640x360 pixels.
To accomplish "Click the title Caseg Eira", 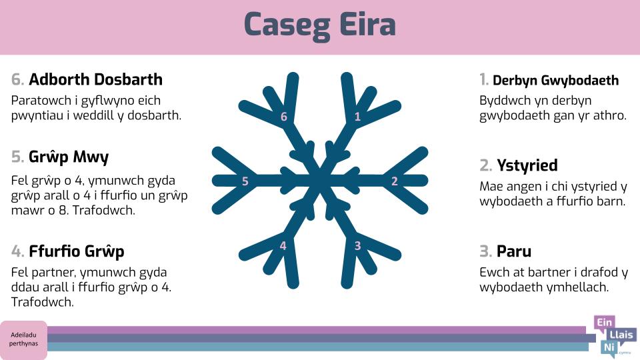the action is click(319, 25).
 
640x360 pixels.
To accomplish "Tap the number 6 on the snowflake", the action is click(284, 117).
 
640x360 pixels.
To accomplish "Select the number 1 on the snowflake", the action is click(357, 117).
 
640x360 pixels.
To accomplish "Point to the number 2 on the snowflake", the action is click(394, 181).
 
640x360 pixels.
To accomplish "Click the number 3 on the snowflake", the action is click(357, 246).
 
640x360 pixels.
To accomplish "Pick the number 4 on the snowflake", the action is click(283, 246).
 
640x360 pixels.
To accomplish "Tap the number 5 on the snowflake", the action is click(245, 181).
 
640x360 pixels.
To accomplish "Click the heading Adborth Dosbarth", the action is click(95, 79).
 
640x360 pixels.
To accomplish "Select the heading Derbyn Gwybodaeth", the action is click(555, 81).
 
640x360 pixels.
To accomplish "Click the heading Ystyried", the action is click(527, 166).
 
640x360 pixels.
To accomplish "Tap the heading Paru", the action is click(514, 251).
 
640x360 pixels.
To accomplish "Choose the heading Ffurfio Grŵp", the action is click(76, 251).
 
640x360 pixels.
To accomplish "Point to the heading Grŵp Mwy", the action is click(69, 157).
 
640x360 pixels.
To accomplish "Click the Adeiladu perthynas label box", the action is click(24, 339).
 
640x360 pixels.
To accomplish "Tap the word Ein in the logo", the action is click(605, 323).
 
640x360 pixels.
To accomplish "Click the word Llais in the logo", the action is click(621, 335).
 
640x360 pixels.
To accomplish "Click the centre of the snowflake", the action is click(320, 181).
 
